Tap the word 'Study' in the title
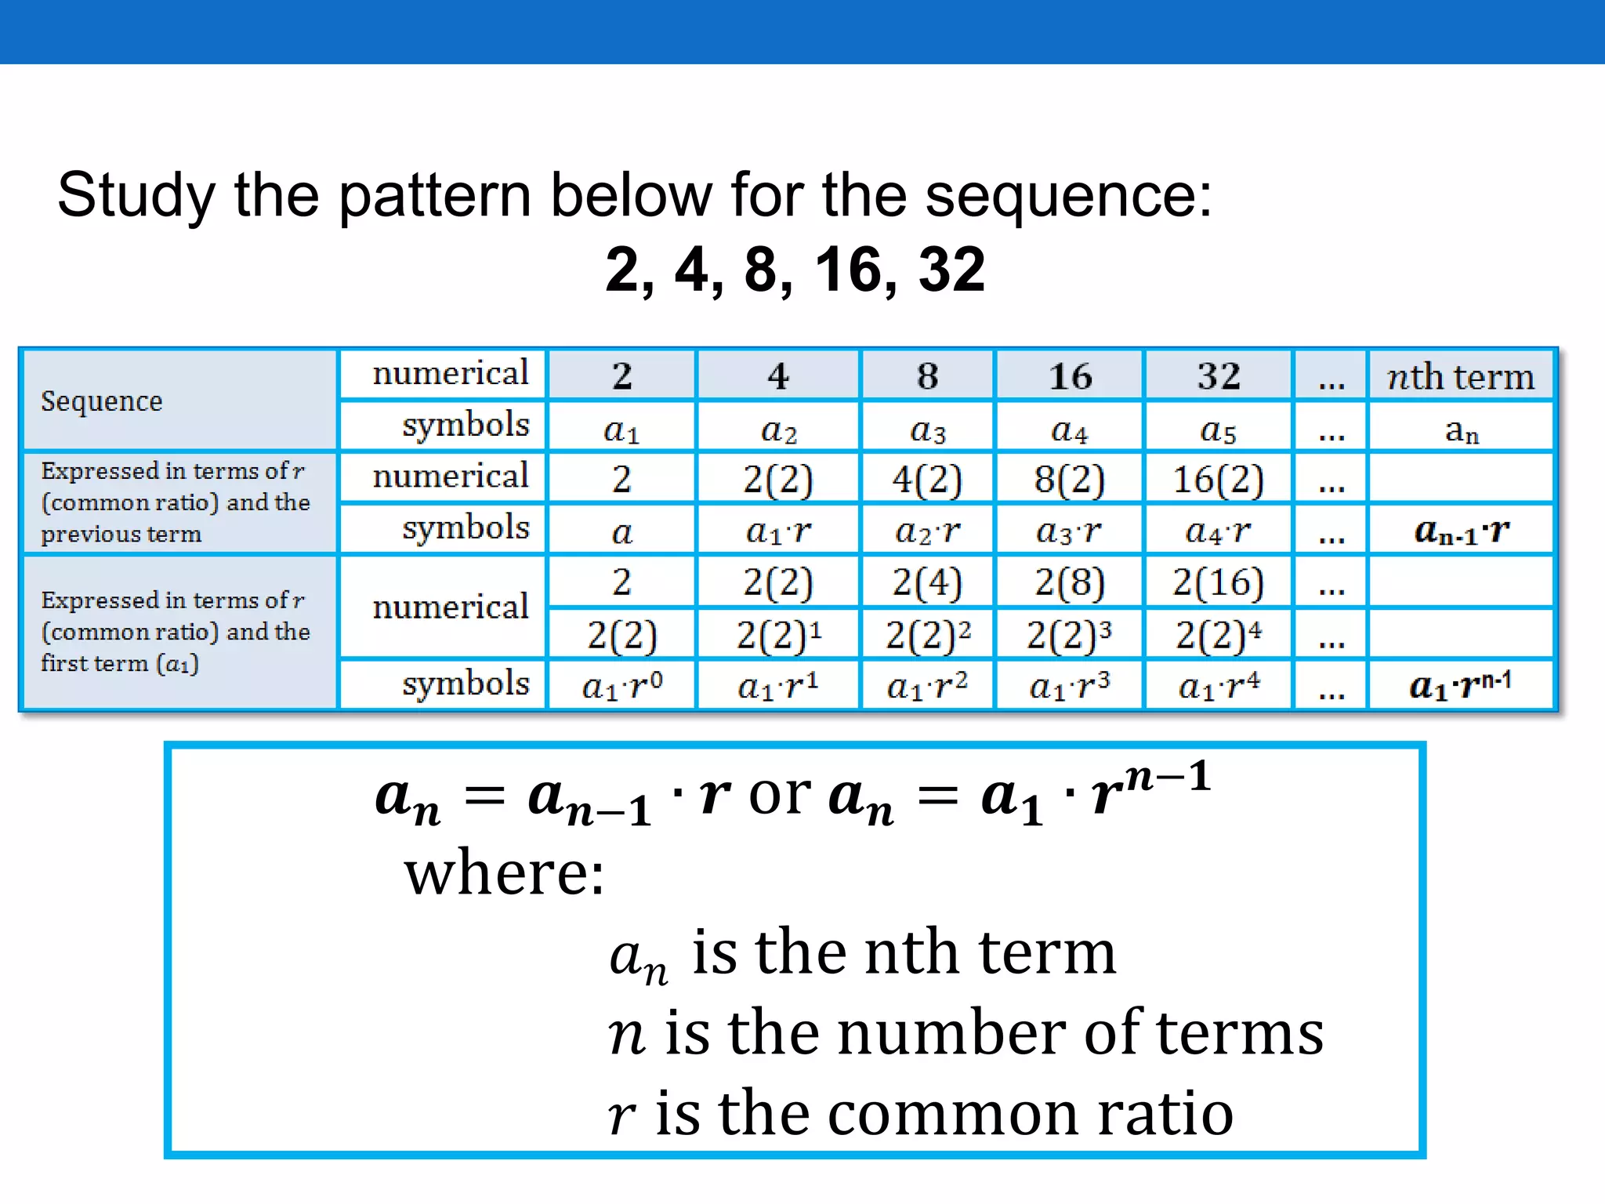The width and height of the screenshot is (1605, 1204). (x=136, y=196)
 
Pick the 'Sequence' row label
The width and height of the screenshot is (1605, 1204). (x=102, y=401)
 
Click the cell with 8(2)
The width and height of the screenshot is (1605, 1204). (x=1069, y=479)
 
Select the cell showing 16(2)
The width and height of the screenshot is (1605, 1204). (x=1218, y=479)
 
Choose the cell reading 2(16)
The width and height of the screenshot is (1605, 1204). (x=1218, y=582)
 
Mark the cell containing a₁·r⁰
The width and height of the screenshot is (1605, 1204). (x=622, y=686)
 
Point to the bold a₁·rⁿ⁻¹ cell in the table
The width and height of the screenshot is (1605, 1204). (x=1461, y=686)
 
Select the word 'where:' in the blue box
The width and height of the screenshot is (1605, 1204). (x=505, y=874)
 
